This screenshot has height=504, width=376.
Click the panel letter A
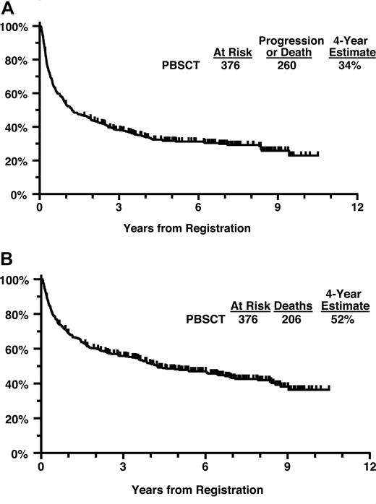tap(7, 7)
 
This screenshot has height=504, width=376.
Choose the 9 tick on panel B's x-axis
tap(288, 469)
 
